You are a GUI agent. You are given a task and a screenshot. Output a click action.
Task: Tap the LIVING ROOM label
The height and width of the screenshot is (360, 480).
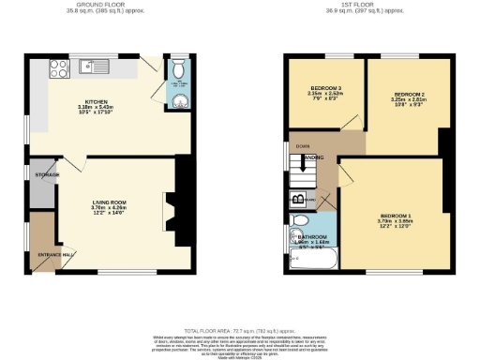tap(109, 202)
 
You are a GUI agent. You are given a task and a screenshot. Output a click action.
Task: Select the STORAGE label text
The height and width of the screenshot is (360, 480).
tap(47, 175)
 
